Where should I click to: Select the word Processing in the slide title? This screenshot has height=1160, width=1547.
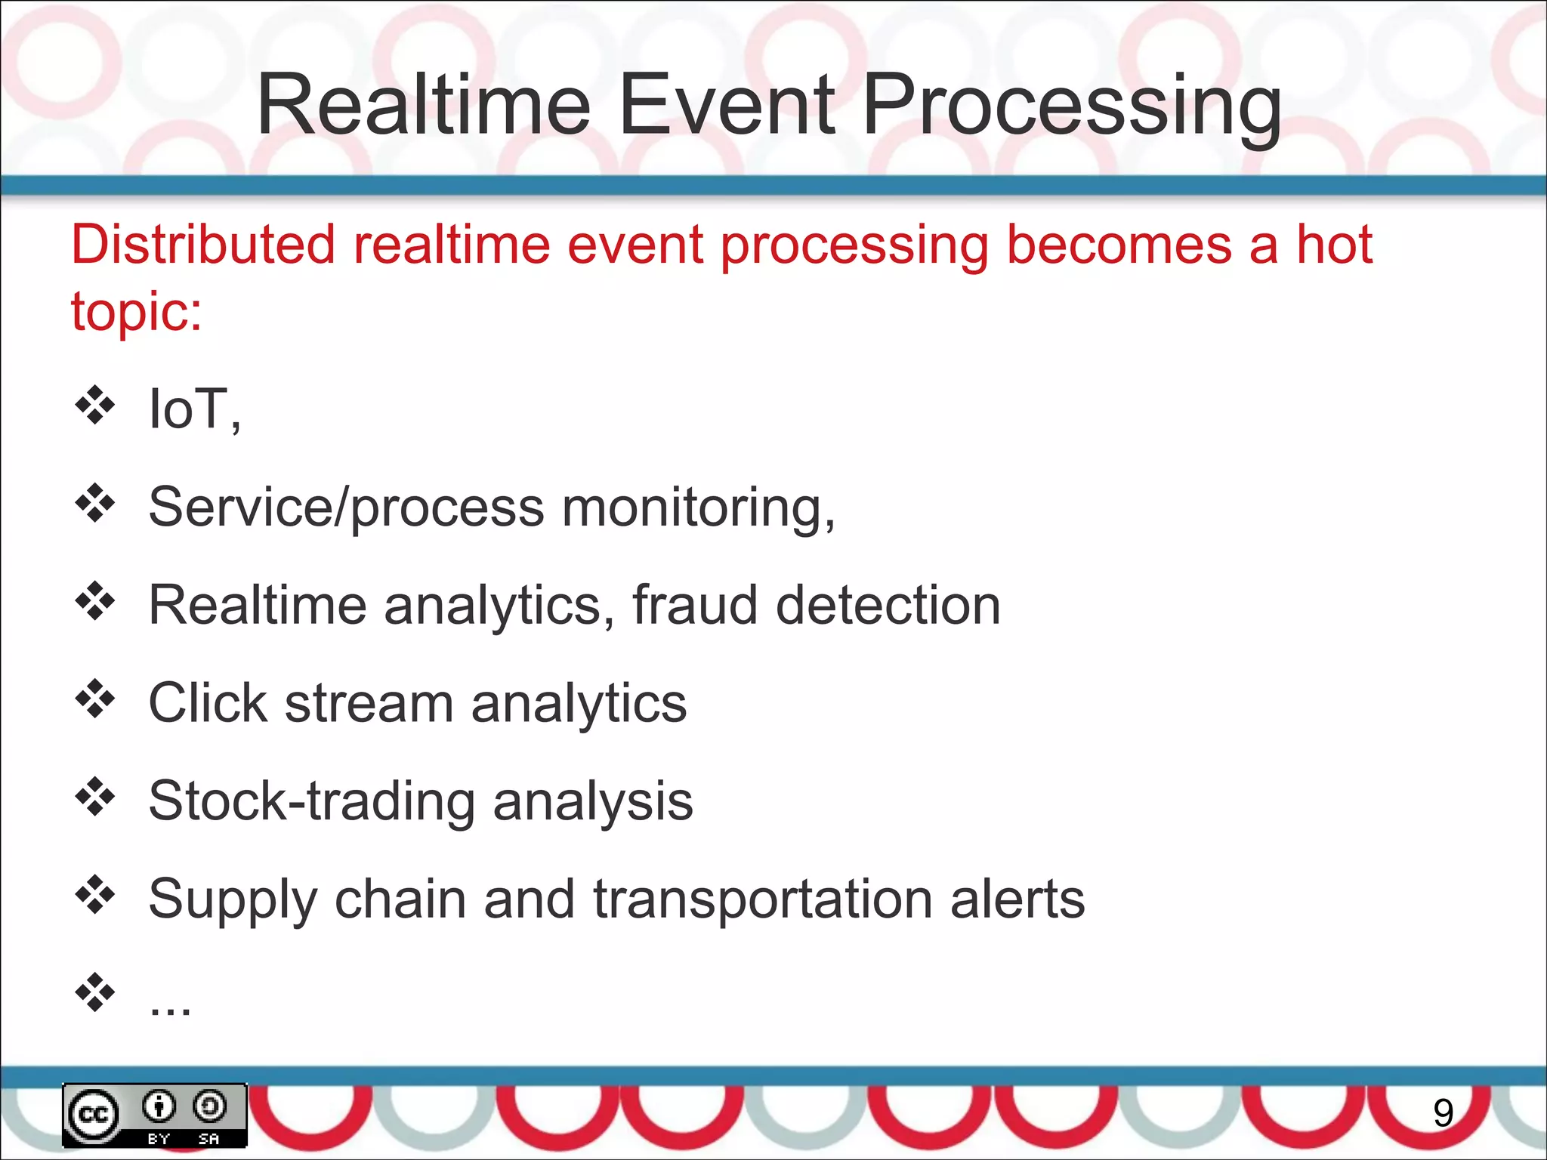1071,106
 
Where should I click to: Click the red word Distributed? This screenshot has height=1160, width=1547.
202,245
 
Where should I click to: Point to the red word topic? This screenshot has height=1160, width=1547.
137,311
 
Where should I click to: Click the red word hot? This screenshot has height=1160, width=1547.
1334,245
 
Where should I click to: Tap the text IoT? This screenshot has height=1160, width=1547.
194,409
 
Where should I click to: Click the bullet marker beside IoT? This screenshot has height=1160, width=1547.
95,406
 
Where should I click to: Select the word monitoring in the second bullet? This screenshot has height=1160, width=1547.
698,507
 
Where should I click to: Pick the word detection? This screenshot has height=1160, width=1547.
888,605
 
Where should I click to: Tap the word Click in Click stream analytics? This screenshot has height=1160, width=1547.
208,703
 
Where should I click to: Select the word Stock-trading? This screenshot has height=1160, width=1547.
312,801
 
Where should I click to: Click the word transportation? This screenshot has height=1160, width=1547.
763,899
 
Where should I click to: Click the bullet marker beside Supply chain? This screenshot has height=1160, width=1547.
95,895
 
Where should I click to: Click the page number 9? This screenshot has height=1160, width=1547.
1443,1112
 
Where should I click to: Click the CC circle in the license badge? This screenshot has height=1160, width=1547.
94,1115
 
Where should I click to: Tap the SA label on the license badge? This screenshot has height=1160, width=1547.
209,1138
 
